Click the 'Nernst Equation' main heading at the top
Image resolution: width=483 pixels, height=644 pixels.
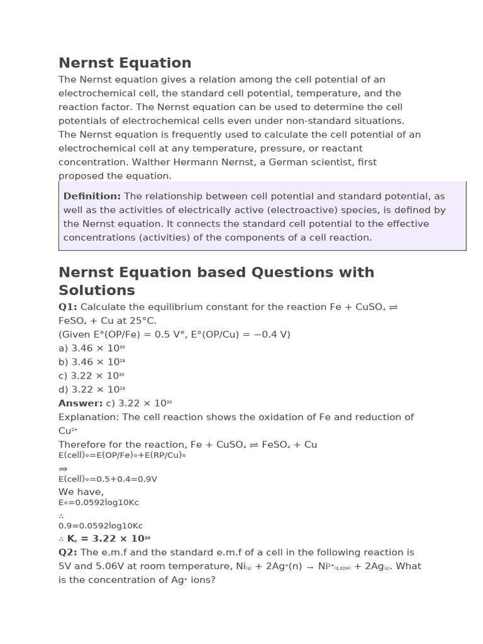(125, 63)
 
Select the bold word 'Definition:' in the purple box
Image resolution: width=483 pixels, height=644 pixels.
(92, 196)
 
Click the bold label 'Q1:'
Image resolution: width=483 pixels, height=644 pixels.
(68, 307)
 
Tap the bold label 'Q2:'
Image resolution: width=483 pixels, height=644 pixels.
(68, 552)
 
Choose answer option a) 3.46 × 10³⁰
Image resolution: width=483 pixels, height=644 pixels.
(91, 348)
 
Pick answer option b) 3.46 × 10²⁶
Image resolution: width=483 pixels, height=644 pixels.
(91, 362)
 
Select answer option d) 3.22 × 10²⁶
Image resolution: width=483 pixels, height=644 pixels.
(91, 390)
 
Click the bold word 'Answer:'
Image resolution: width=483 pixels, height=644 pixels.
(80, 403)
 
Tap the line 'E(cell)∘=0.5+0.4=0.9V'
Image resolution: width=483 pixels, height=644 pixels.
(108, 479)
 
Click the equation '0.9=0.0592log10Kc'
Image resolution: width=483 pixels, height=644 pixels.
(101, 526)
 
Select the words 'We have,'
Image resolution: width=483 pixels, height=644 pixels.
(81, 492)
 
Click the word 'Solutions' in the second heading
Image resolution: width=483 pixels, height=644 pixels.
(97, 291)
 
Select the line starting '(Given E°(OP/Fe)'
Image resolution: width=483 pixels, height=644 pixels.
(174, 335)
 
